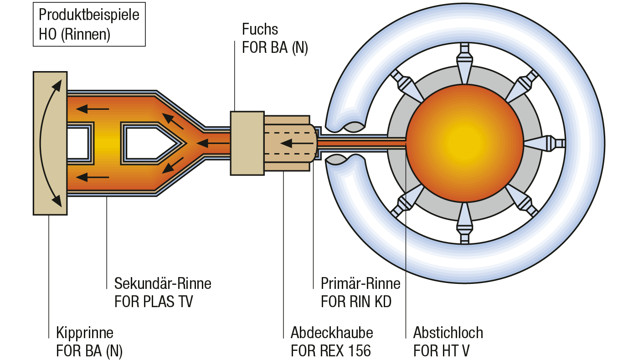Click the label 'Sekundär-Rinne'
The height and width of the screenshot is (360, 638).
coord(163,284)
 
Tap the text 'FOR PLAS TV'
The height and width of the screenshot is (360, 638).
coord(154,302)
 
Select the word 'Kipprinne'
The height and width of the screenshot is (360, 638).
coord(84,333)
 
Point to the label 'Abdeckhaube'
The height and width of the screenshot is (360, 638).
coord(332,333)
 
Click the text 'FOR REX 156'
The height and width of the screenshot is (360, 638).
coord(330,351)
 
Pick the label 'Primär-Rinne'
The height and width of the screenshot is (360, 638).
coord(360,284)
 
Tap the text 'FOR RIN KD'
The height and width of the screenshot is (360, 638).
coord(356,302)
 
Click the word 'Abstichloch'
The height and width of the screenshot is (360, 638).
coord(448,333)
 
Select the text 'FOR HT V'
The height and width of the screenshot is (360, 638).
coord(441,351)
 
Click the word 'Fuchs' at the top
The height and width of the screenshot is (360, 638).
coord(260,30)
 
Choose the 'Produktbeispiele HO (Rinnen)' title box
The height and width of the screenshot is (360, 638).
coord(89,25)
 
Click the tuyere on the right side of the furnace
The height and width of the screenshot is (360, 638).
coord(545,144)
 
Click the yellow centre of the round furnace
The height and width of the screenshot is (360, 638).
coord(464,143)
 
